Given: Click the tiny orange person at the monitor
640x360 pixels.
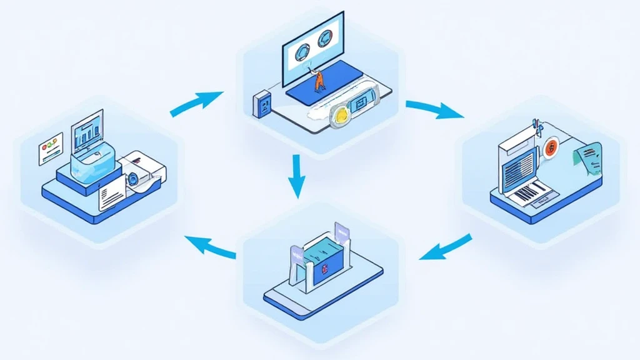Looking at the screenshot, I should [x=320, y=80].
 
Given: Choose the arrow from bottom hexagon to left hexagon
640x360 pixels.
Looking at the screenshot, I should [x=210, y=247].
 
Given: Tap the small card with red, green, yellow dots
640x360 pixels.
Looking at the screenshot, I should [x=51, y=148].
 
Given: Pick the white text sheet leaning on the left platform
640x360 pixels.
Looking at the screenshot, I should [x=112, y=194].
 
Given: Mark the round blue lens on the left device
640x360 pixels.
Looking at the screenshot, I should [x=133, y=180].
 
